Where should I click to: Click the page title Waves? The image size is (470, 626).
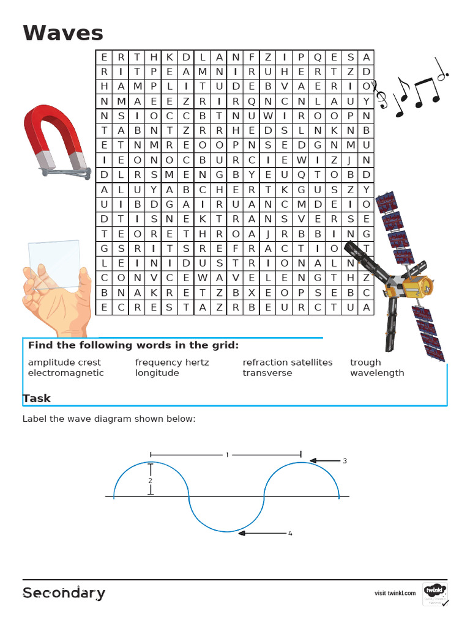click(x=63, y=33)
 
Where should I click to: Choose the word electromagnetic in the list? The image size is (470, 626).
click(x=66, y=373)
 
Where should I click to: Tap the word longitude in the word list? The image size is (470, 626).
click(x=157, y=373)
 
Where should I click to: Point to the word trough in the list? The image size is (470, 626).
click(x=365, y=363)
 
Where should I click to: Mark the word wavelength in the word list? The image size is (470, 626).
click(x=377, y=373)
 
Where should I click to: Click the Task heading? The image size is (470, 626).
click(x=37, y=399)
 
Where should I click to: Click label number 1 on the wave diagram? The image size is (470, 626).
click(x=227, y=455)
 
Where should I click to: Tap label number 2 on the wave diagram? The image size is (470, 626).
click(x=150, y=481)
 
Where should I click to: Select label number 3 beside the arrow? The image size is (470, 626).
click(x=345, y=461)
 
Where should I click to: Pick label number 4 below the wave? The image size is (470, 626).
click(x=290, y=534)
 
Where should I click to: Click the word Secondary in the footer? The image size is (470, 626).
click(x=64, y=593)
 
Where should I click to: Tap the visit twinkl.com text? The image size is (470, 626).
click(x=395, y=593)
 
